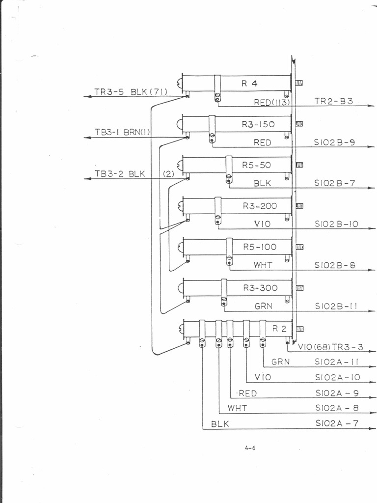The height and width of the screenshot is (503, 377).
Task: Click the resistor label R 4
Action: click(249, 83)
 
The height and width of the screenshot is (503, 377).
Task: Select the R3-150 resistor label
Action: click(258, 124)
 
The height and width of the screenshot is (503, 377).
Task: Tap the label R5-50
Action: click(256, 165)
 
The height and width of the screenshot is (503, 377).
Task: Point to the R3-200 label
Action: click(259, 206)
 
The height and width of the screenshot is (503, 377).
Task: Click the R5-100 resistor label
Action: click(259, 247)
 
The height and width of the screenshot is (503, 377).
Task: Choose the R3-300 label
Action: click(260, 288)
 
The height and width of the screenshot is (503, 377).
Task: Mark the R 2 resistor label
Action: click(279, 329)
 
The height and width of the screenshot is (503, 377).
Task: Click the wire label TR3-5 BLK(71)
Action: click(131, 91)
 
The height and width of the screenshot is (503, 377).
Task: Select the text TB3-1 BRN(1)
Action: click(122, 132)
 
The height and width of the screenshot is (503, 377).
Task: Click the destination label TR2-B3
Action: click(333, 102)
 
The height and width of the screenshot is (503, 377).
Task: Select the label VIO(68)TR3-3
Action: click(330, 347)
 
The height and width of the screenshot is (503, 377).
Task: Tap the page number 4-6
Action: click(250, 447)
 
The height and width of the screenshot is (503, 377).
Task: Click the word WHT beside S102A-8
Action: click(237, 408)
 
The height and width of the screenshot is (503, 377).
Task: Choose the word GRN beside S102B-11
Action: click(263, 306)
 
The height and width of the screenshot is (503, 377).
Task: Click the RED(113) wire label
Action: click(272, 102)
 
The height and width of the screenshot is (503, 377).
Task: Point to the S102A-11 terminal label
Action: click(337, 362)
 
